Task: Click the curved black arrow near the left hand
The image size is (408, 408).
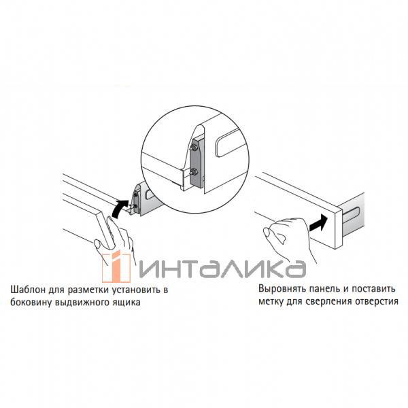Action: [119, 207]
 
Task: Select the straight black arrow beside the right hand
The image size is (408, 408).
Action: [318, 223]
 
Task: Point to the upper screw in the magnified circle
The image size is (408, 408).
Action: [194, 148]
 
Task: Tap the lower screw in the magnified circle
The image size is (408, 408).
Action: [193, 172]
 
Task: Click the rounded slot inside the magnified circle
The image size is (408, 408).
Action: [230, 143]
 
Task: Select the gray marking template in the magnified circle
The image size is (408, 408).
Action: [197, 162]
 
